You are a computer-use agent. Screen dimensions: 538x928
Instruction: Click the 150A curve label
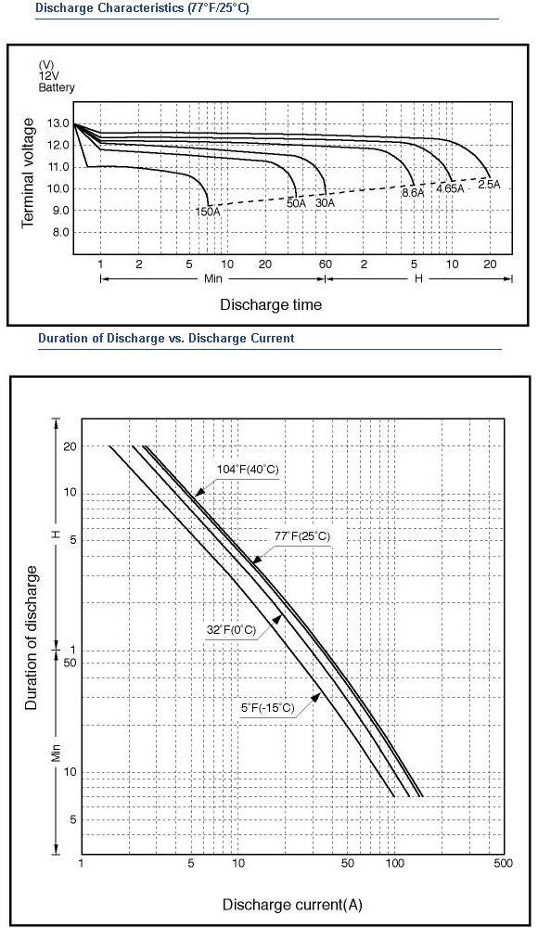(208, 210)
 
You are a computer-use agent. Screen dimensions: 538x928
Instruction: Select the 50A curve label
(297, 203)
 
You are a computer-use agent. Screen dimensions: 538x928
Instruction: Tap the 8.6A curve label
(413, 193)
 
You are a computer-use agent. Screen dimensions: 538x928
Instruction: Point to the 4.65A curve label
(451, 188)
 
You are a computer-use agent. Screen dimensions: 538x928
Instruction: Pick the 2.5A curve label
(490, 184)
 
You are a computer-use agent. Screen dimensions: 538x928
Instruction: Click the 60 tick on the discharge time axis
(326, 264)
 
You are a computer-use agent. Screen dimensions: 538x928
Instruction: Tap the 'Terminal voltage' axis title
(28, 173)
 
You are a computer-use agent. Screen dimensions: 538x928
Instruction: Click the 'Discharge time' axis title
(271, 304)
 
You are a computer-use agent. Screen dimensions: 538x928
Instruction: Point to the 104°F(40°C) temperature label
(247, 470)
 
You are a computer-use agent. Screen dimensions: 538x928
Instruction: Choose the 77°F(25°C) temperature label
(301, 536)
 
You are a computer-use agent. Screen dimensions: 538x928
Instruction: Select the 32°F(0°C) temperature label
(231, 630)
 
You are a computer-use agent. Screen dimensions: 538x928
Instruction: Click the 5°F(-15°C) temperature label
(267, 708)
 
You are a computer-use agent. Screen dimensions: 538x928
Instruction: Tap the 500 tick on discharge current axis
(503, 863)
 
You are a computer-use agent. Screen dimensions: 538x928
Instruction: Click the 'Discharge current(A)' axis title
(292, 905)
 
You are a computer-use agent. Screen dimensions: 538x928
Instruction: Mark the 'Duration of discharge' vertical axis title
(32, 638)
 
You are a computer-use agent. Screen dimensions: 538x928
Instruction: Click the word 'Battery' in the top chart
(57, 87)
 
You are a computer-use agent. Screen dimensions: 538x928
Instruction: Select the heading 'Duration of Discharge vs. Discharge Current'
(166, 339)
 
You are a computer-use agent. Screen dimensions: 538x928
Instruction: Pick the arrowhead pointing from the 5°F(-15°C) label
(315, 696)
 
